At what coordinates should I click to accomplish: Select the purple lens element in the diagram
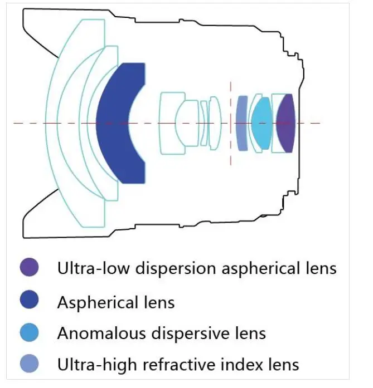pos(285,123)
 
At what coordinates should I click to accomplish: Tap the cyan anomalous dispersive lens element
pos(261,123)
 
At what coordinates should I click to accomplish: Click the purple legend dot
pos(29,267)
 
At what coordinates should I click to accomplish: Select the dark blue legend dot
pos(29,299)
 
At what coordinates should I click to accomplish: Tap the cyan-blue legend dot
pos(29,332)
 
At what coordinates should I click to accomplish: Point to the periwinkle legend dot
pos(29,364)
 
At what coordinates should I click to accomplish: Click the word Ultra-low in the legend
pos(94,268)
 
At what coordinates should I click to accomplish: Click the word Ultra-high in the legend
pos(97,365)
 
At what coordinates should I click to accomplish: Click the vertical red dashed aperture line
pos(231,123)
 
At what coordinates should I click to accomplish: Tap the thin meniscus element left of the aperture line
pos(204,123)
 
